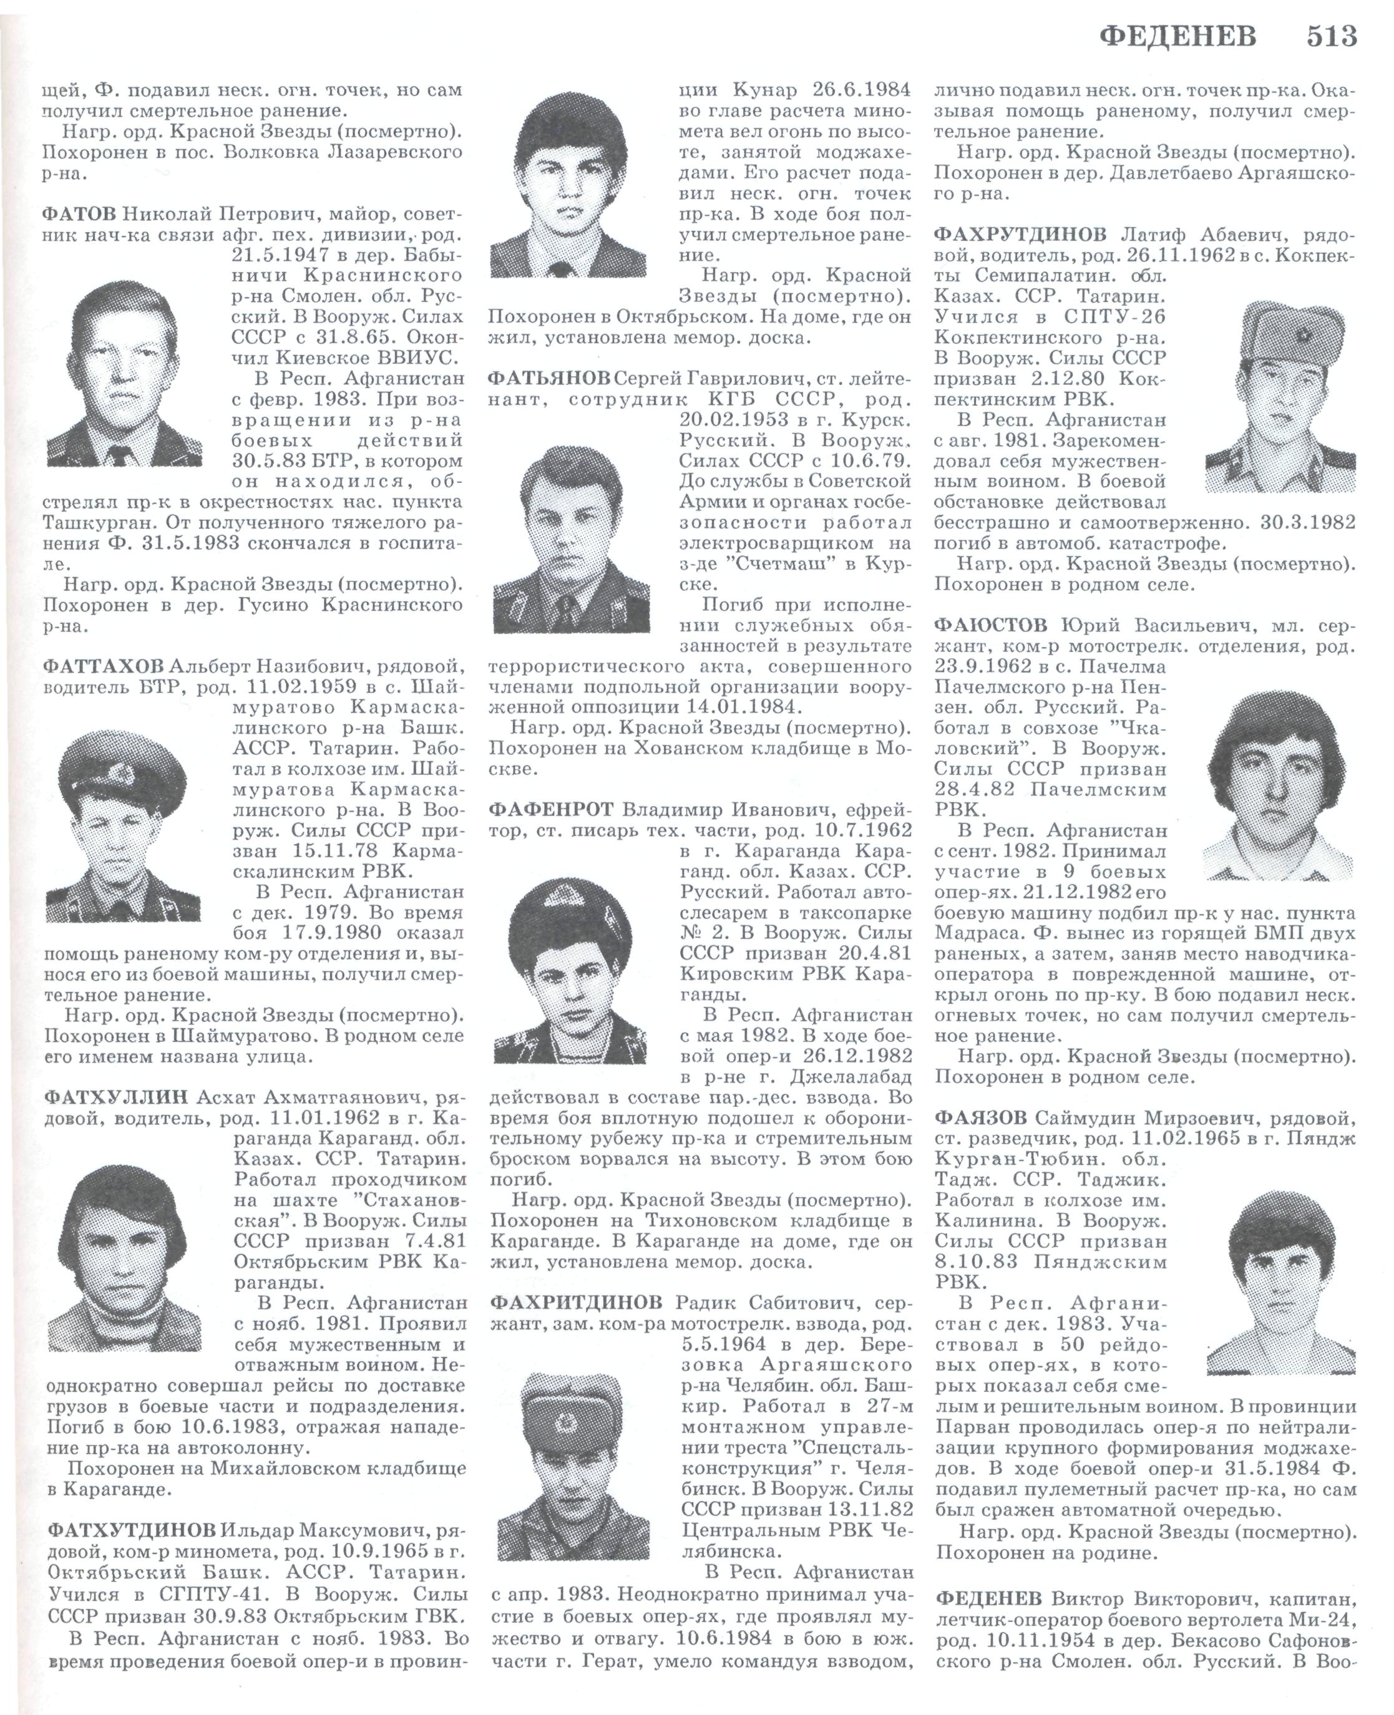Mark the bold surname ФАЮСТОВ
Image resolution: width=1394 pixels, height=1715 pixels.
point(991,626)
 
